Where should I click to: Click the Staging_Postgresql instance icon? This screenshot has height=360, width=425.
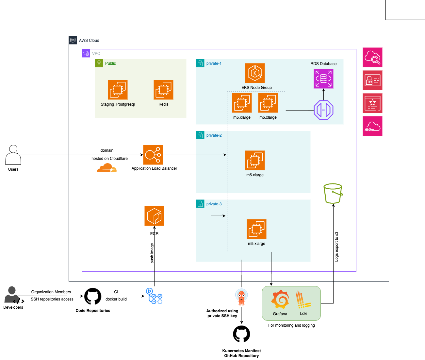(118, 90)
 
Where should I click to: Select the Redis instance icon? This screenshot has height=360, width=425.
(163, 90)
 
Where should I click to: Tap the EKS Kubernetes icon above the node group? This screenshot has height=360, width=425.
(255, 73)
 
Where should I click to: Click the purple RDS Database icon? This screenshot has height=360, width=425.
(323, 78)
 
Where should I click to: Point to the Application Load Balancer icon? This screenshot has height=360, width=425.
(153, 155)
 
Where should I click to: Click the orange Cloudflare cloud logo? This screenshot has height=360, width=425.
(106, 168)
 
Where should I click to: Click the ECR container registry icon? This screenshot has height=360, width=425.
(154, 216)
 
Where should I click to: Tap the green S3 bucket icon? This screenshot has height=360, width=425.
(333, 193)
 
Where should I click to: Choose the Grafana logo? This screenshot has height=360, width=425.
(280, 299)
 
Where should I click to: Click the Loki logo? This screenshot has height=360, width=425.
(303, 300)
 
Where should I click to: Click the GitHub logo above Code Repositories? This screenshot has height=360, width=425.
(93, 296)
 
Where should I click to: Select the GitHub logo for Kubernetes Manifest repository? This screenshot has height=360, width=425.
(241, 334)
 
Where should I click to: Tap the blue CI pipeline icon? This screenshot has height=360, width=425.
(154, 296)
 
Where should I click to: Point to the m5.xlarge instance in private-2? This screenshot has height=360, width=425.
(255, 160)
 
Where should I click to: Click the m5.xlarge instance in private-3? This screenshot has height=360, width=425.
(256, 229)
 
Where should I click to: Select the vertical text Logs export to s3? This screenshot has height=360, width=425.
(336, 247)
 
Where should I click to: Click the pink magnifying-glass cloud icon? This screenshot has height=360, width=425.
(372, 57)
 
